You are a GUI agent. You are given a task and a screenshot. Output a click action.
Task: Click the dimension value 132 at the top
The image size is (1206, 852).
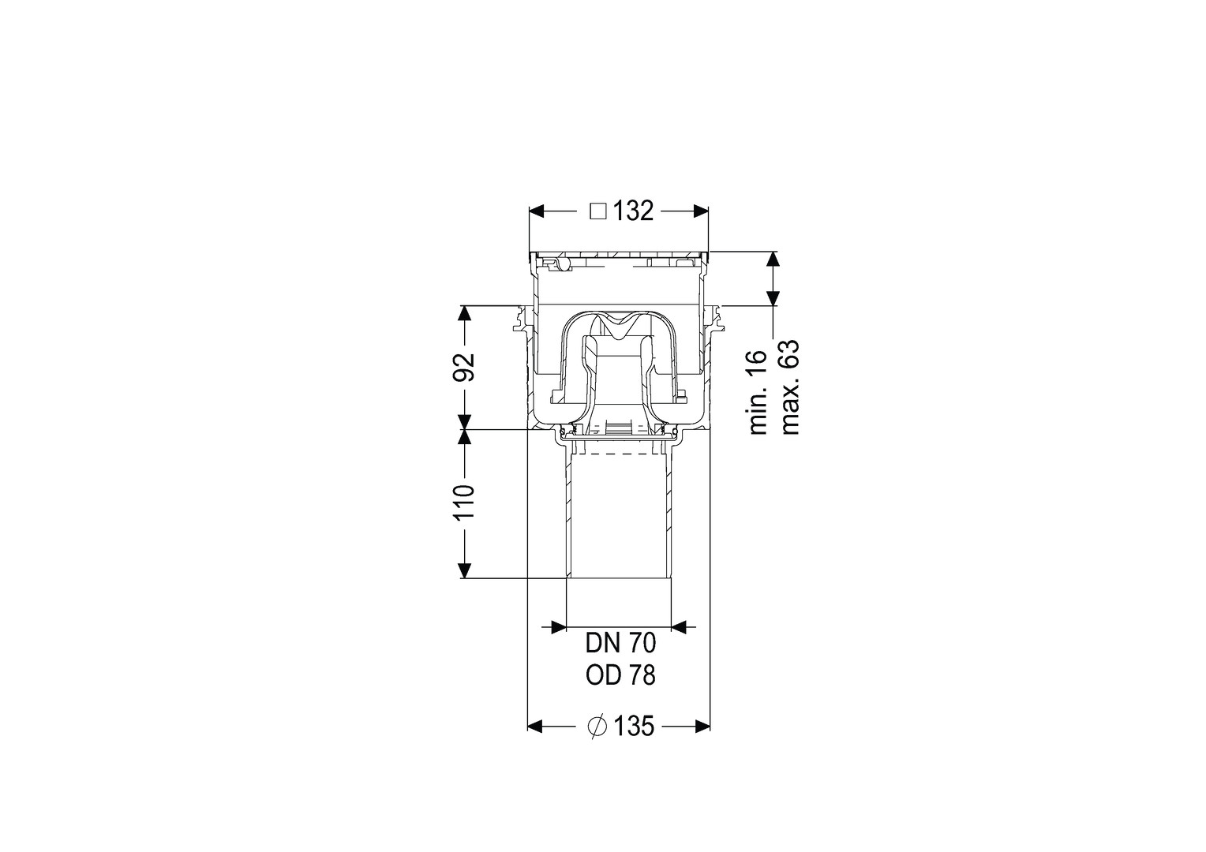coord(633,211)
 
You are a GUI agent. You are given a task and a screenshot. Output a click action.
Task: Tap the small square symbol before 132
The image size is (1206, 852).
coord(598,211)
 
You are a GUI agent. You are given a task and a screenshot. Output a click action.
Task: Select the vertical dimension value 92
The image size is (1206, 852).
coord(464,367)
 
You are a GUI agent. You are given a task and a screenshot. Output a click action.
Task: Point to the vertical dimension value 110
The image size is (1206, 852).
coord(464,503)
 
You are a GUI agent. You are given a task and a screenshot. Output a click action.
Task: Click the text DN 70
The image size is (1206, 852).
coord(621,643)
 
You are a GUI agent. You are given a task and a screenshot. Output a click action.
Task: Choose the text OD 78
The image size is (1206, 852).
coord(621,675)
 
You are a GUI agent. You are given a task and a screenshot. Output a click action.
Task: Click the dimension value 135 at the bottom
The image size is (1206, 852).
coord(634,727)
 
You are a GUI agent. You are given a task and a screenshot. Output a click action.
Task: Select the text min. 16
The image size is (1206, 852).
coord(758,392)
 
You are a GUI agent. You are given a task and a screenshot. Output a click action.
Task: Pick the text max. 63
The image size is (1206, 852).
coord(790,387)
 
